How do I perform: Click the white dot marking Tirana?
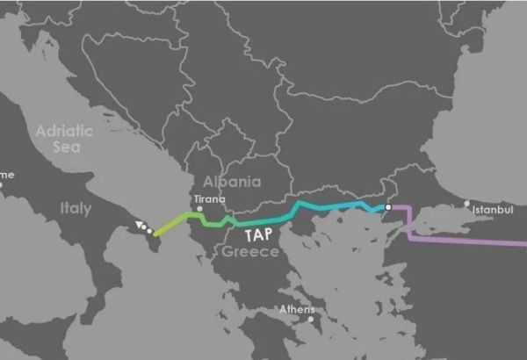[199, 209]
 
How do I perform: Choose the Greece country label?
[250, 252]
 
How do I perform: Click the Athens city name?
[296, 309]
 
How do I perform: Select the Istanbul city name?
[492, 211]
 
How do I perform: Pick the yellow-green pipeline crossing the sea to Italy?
[169, 223]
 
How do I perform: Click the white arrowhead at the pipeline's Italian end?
[140, 226]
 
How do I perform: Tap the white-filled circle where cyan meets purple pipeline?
[387, 207]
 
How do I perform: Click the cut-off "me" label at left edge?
[7, 175]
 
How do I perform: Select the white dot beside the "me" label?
[3, 184]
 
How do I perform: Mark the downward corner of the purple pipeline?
[409, 234]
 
